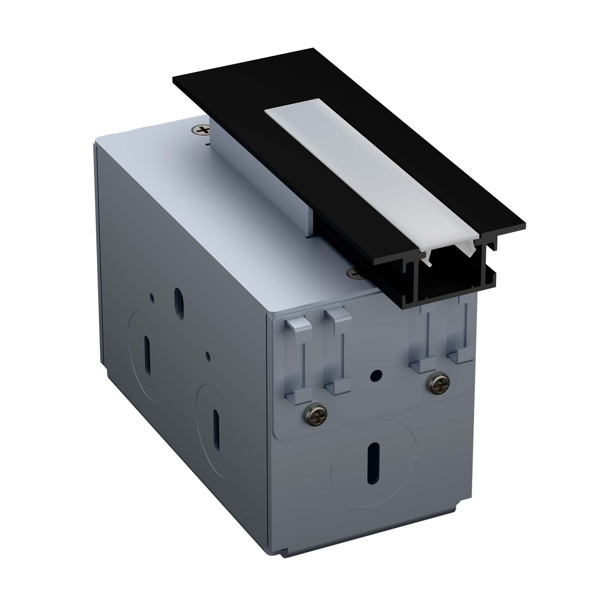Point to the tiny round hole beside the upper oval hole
152,297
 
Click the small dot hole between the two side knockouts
208,356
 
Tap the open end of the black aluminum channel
451,276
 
